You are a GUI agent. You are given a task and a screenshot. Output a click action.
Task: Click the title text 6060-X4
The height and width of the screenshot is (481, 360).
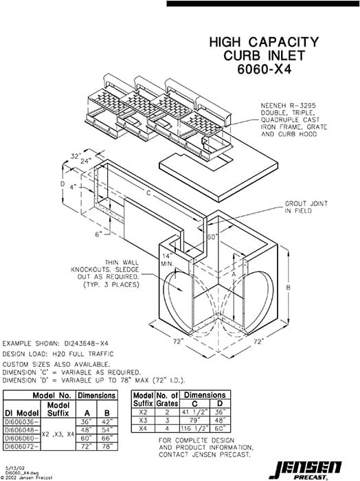264,69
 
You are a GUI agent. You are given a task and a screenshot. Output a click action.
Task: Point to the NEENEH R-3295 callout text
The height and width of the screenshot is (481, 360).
293,106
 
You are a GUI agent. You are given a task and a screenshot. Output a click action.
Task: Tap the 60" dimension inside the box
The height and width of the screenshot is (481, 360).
212,236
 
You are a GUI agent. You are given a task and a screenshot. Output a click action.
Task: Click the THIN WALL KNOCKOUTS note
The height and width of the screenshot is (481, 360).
132,272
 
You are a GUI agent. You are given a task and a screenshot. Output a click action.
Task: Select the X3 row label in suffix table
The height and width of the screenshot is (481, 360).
142,419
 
